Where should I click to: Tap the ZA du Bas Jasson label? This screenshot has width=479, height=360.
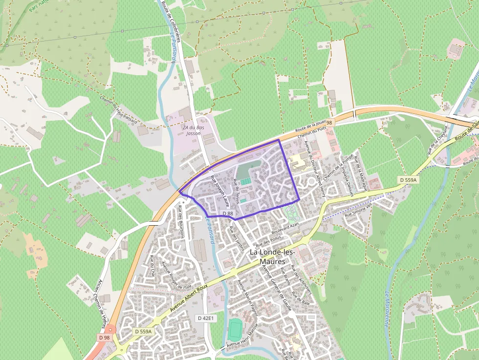pos(193,130)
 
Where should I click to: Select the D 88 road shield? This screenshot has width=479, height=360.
pos(227,213)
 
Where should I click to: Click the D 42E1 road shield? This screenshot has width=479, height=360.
pos(206,318)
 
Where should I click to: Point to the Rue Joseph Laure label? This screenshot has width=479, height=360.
pos(219,191)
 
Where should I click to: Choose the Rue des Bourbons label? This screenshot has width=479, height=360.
pos(182,222)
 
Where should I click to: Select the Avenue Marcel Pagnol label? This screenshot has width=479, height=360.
pos(247,297)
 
